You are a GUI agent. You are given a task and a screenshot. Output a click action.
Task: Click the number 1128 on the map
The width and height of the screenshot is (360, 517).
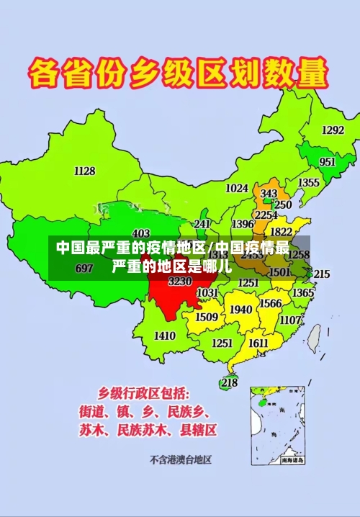point(84,171)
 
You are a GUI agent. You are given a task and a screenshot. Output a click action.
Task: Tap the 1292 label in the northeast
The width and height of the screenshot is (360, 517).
point(332,130)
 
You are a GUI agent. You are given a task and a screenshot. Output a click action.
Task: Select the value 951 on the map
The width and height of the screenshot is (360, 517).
point(327,162)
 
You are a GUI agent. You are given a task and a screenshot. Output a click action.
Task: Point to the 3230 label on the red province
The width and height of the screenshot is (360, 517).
point(179,282)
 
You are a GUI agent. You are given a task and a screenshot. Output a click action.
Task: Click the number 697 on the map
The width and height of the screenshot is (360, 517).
point(84,269)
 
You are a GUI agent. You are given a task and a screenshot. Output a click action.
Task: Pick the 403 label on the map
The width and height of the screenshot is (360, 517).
point(141,233)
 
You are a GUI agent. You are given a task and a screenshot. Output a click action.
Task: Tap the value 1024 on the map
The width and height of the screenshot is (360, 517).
point(236,189)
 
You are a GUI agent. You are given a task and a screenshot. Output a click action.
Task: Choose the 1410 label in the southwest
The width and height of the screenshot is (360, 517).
point(165,336)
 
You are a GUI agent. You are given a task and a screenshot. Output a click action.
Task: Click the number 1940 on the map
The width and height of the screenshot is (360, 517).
point(240,310)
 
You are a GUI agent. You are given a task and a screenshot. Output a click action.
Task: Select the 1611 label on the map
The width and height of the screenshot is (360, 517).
point(258,343)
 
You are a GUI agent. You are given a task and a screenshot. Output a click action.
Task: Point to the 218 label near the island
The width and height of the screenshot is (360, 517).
point(229,382)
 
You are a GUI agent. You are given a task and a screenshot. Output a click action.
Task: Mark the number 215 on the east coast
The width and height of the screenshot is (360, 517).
point(321,274)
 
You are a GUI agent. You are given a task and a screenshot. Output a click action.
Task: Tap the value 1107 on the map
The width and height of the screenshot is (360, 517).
point(290,320)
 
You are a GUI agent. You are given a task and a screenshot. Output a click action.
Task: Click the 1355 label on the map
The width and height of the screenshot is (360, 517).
point(308,183)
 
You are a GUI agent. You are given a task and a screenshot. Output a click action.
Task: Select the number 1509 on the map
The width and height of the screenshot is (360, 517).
point(207,317)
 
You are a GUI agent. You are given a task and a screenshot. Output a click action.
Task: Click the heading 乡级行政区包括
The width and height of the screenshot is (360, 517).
point(144,393)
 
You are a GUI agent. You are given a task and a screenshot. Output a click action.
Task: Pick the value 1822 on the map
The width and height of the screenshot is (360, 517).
point(281,232)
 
